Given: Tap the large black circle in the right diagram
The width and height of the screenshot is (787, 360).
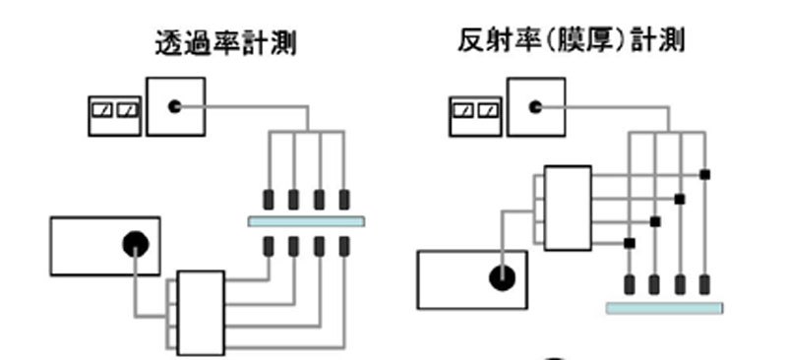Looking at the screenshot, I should (502, 278).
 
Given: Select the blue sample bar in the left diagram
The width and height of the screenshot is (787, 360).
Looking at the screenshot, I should (306, 221).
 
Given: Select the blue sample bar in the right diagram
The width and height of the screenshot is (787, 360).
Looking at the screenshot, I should (664, 308).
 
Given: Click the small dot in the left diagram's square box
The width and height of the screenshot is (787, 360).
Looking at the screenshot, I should (175, 106).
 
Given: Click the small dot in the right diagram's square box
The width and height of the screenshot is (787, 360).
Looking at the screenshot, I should (535, 106).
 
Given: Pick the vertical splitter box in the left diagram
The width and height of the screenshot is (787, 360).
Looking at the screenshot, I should (201, 312).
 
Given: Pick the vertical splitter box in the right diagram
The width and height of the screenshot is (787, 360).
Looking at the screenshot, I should (567, 208).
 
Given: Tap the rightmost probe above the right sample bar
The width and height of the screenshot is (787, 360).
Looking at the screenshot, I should (704, 285).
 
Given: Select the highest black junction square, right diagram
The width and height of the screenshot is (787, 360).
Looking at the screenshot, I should (704, 175).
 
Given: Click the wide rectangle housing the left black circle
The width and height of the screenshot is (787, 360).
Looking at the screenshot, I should (105, 246).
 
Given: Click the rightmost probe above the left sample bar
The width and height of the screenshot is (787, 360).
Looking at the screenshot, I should (344, 198).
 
